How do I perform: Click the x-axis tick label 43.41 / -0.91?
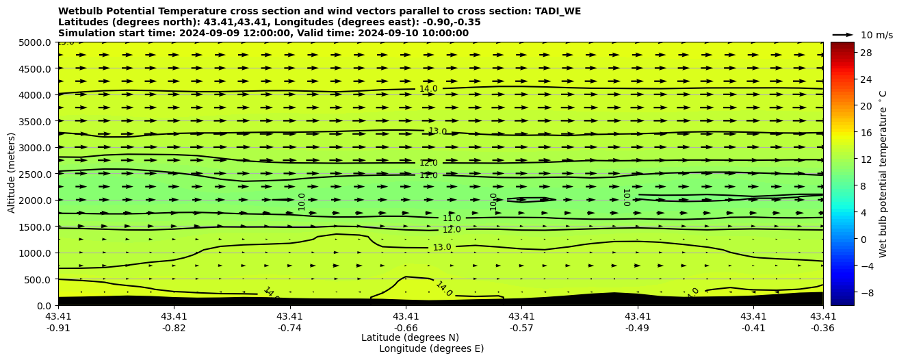pos(58,322)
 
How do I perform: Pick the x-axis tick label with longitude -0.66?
pos(406,322)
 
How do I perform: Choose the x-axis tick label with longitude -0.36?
pos(823,322)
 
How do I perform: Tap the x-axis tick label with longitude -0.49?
pos(638,322)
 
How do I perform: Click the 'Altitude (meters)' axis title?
pos(12,174)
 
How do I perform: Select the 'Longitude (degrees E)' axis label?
pos(431,348)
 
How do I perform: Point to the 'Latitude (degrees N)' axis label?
pos(410,337)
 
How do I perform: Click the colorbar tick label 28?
pos(846,53)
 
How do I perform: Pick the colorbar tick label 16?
pos(846,133)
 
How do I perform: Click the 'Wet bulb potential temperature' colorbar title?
pos(883,174)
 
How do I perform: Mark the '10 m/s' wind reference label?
pos(876,35)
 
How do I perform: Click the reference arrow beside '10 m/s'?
pos(843,34)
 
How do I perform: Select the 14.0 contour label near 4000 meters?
pos(428,89)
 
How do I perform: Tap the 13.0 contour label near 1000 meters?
pos(442,247)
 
